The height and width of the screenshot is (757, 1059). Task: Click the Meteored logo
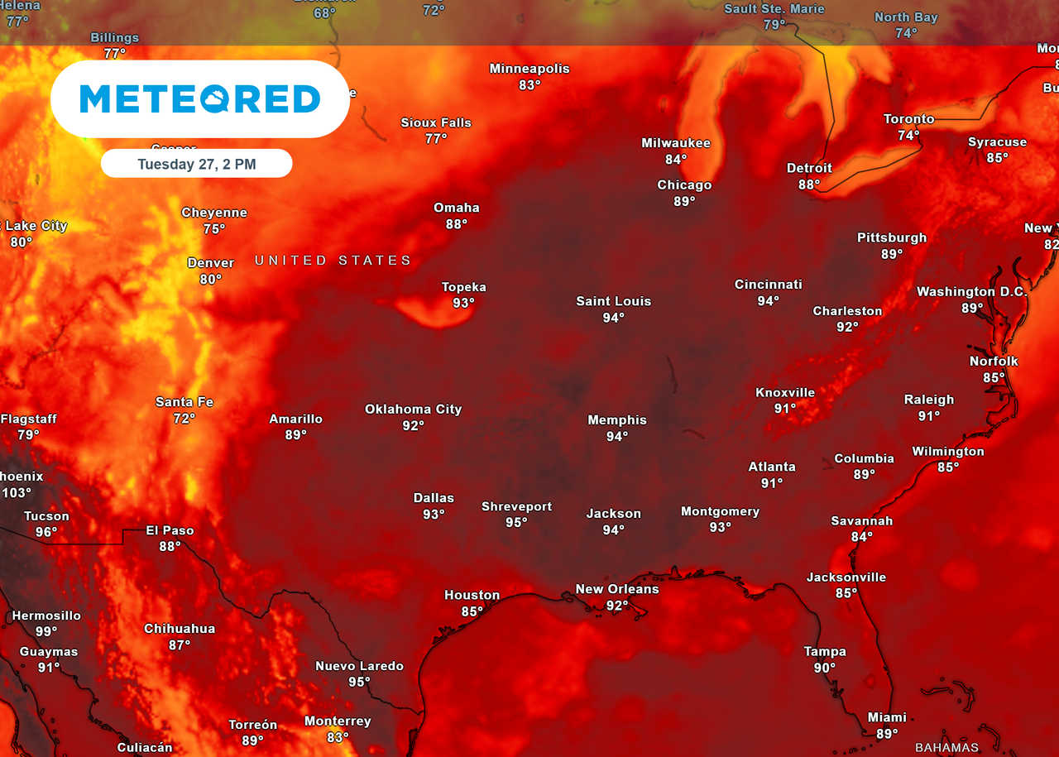click(x=199, y=98)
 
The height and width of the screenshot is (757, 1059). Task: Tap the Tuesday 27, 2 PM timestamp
click(x=197, y=164)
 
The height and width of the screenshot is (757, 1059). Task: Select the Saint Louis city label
click(x=613, y=301)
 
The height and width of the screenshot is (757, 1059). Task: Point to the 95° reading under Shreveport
click(x=516, y=522)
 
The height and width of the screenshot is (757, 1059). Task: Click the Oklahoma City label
click(x=413, y=409)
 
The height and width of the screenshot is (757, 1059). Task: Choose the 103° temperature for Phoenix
click(x=16, y=493)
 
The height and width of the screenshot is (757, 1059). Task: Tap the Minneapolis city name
click(x=529, y=69)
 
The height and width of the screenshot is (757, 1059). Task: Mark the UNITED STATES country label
click(x=333, y=261)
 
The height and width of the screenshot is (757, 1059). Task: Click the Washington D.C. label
click(x=971, y=292)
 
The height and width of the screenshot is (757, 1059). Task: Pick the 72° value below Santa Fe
click(x=184, y=419)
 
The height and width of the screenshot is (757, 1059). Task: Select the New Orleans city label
click(x=617, y=589)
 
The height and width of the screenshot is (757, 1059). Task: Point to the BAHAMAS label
click(x=946, y=748)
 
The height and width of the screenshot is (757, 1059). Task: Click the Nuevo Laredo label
click(x=359, y=666)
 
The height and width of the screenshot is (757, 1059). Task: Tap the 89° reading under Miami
click(x=887, y=734)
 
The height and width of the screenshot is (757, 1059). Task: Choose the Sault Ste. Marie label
click(x=774, y=9)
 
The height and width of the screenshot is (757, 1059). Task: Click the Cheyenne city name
click(x=214, y=213)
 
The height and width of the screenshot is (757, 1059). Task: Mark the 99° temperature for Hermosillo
click(x=46, y=632)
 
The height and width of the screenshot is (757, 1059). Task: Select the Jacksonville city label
click(x=846, y=577)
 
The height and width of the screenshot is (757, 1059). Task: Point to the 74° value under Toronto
click(x=908, y=136)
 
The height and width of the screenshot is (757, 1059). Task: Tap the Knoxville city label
click(x=785, y=392)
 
